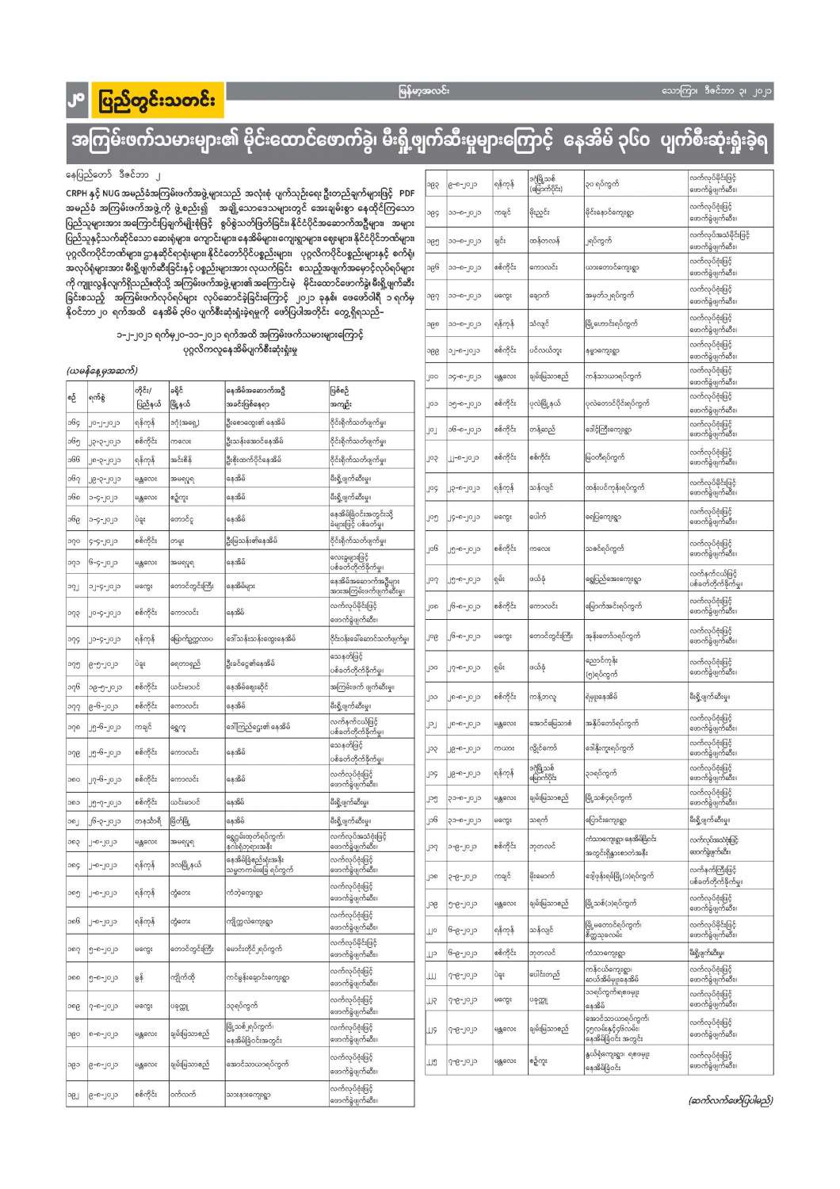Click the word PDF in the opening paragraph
pos(405,193)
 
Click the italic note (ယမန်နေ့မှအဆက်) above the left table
pos(102,370)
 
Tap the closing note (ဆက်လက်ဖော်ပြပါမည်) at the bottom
pos(728,1099)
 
